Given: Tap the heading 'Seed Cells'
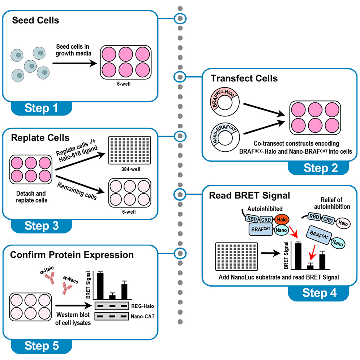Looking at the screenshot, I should [35, 20].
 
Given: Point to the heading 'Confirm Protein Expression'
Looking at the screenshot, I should [72, 255].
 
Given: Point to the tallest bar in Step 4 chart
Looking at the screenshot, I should [298, 256].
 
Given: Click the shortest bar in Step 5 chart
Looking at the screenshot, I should [112, 297].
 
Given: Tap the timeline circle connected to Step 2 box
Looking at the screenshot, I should [180, 77].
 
